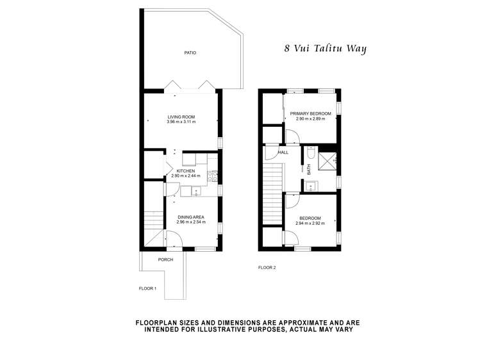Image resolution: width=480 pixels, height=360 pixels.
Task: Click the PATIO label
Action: point(190,53)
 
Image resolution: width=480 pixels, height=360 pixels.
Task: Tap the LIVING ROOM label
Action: point(181,117)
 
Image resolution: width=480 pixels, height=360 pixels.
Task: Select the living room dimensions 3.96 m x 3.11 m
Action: point(181,122)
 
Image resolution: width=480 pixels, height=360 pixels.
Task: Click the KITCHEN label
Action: point(186,171)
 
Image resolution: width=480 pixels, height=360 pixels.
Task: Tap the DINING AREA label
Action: point(190,217)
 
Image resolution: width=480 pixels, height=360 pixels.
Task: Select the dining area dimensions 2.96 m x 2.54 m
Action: point(190,222)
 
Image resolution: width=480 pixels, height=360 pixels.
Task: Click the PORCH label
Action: point(166,259)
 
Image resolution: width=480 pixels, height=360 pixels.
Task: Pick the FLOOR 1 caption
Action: point(147,289)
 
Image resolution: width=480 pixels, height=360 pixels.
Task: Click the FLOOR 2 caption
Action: point(267,268)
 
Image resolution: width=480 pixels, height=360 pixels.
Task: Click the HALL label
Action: point(283,152)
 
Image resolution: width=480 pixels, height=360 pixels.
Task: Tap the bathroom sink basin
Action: point(310,186)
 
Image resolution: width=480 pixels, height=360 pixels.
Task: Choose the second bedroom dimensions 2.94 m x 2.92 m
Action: point(310,224)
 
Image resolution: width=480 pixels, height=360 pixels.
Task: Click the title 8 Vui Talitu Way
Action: point(325,48)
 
